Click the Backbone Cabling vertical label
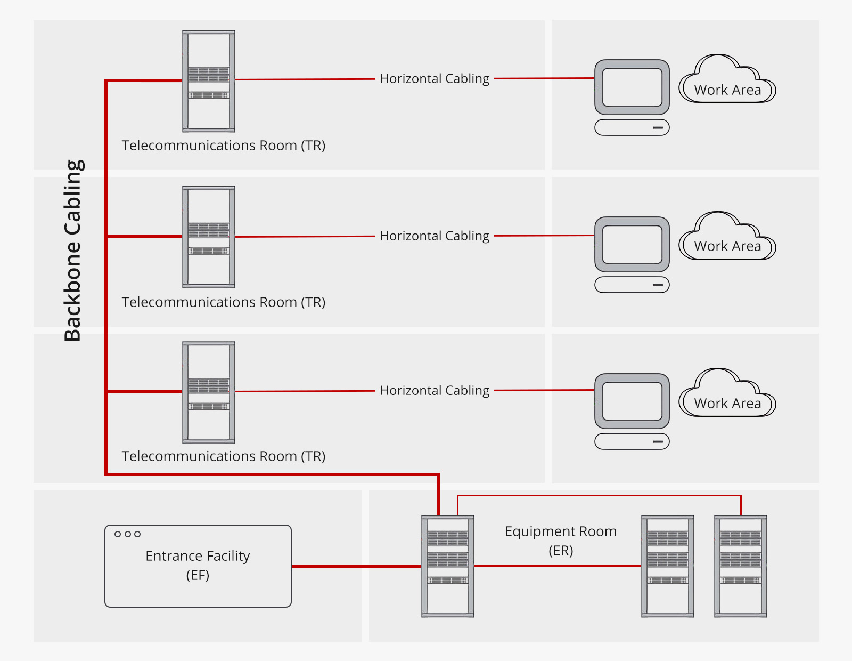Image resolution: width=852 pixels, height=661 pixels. click(x=73, y=251)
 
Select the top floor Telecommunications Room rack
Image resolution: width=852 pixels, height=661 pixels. click(x=209, y=81)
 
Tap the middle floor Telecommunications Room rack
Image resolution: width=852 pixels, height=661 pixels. click(x=209, y=237)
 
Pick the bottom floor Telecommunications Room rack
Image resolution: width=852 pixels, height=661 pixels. click(x=209, y=392)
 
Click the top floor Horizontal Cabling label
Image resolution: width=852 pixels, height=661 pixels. click(x=435, y=79)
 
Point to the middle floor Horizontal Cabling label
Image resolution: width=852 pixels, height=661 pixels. click(x=435, y=236)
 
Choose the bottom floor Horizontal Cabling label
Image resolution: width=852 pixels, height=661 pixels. click(x=435, y=391)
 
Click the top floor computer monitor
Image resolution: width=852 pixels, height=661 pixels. click(x=632, y=87)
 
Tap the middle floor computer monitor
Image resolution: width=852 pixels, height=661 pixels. click(x=632, y=244)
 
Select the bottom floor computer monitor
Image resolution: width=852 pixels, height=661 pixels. click(x=632, y=401)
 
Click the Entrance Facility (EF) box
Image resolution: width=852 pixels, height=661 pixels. click(x=198, y=566)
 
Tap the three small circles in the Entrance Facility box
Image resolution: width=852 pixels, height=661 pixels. click(x=128, y=534)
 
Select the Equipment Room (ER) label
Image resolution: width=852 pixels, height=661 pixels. click(x=561, y=541)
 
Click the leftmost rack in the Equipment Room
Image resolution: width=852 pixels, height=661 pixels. click(x=448, y=566)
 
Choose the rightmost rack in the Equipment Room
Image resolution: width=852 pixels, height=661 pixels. click(x=741, y=566)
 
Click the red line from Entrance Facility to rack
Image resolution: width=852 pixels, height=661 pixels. click(x=357, y=566)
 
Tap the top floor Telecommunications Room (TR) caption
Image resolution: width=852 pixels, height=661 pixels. click(x=224, y=146)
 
